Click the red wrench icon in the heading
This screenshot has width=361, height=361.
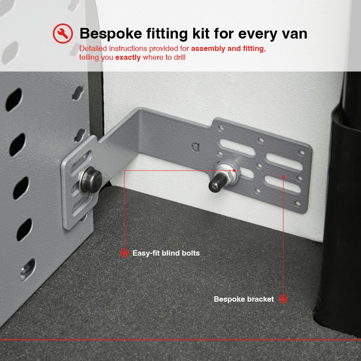click(63, 34)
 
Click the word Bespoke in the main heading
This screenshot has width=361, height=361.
click(111, 34)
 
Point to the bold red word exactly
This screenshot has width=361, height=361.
click(128, 57)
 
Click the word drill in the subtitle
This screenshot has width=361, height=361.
click(179, 57)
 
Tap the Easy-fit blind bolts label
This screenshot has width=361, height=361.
click(166, 253)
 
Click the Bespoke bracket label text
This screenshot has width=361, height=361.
click(244, 299)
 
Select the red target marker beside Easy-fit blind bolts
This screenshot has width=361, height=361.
click(124, 253)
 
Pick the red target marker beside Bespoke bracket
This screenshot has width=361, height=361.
click(283, 299)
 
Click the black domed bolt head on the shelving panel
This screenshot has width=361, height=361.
click(91, 179)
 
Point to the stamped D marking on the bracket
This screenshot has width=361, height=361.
click(196, 147)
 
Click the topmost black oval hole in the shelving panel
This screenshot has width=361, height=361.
click(14, 100)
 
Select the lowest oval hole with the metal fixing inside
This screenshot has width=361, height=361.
click(27, 270)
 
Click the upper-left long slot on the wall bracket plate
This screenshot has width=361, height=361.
click(237, 148)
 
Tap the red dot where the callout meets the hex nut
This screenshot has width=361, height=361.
click(234, 171)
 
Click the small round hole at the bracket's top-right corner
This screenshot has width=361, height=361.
click(301, 152)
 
